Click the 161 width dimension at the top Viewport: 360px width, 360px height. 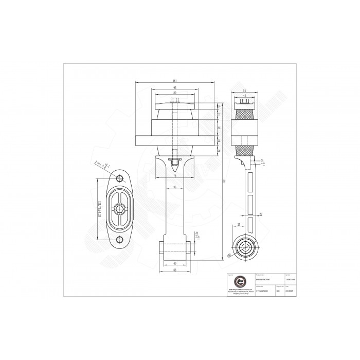(176, 81)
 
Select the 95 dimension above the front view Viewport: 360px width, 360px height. (176, 87)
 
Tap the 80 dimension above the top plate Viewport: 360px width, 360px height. (176, 93)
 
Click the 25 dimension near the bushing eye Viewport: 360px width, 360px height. (239, 224)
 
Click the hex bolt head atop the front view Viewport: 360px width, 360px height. (176, 100)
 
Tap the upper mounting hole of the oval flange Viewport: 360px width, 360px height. (120, 178)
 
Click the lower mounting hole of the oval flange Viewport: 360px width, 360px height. (120, 240)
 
